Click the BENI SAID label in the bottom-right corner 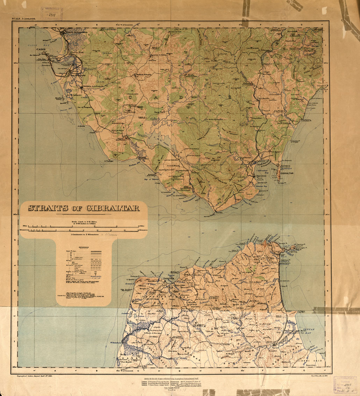coord(310,354)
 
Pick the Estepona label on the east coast coord(322,85)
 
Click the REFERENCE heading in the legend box coord(84,247)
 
